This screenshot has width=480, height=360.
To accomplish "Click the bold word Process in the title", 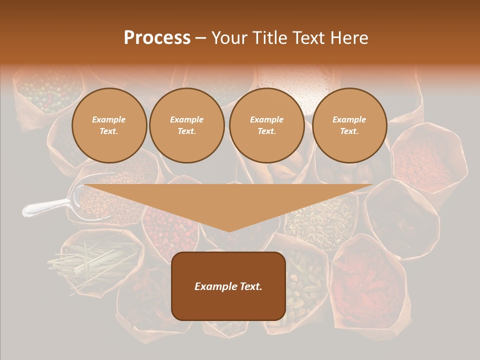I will click(x=157, y=38).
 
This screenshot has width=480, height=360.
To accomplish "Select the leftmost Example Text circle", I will click(x=109, y=125).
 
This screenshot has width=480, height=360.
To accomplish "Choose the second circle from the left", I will click(x=186, y=125).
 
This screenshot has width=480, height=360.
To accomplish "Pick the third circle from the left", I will click(x=266, y=125).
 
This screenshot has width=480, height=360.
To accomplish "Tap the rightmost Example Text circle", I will click(x=349, y=125).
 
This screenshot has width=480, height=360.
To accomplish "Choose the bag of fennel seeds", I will click(x=320, y=220).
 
